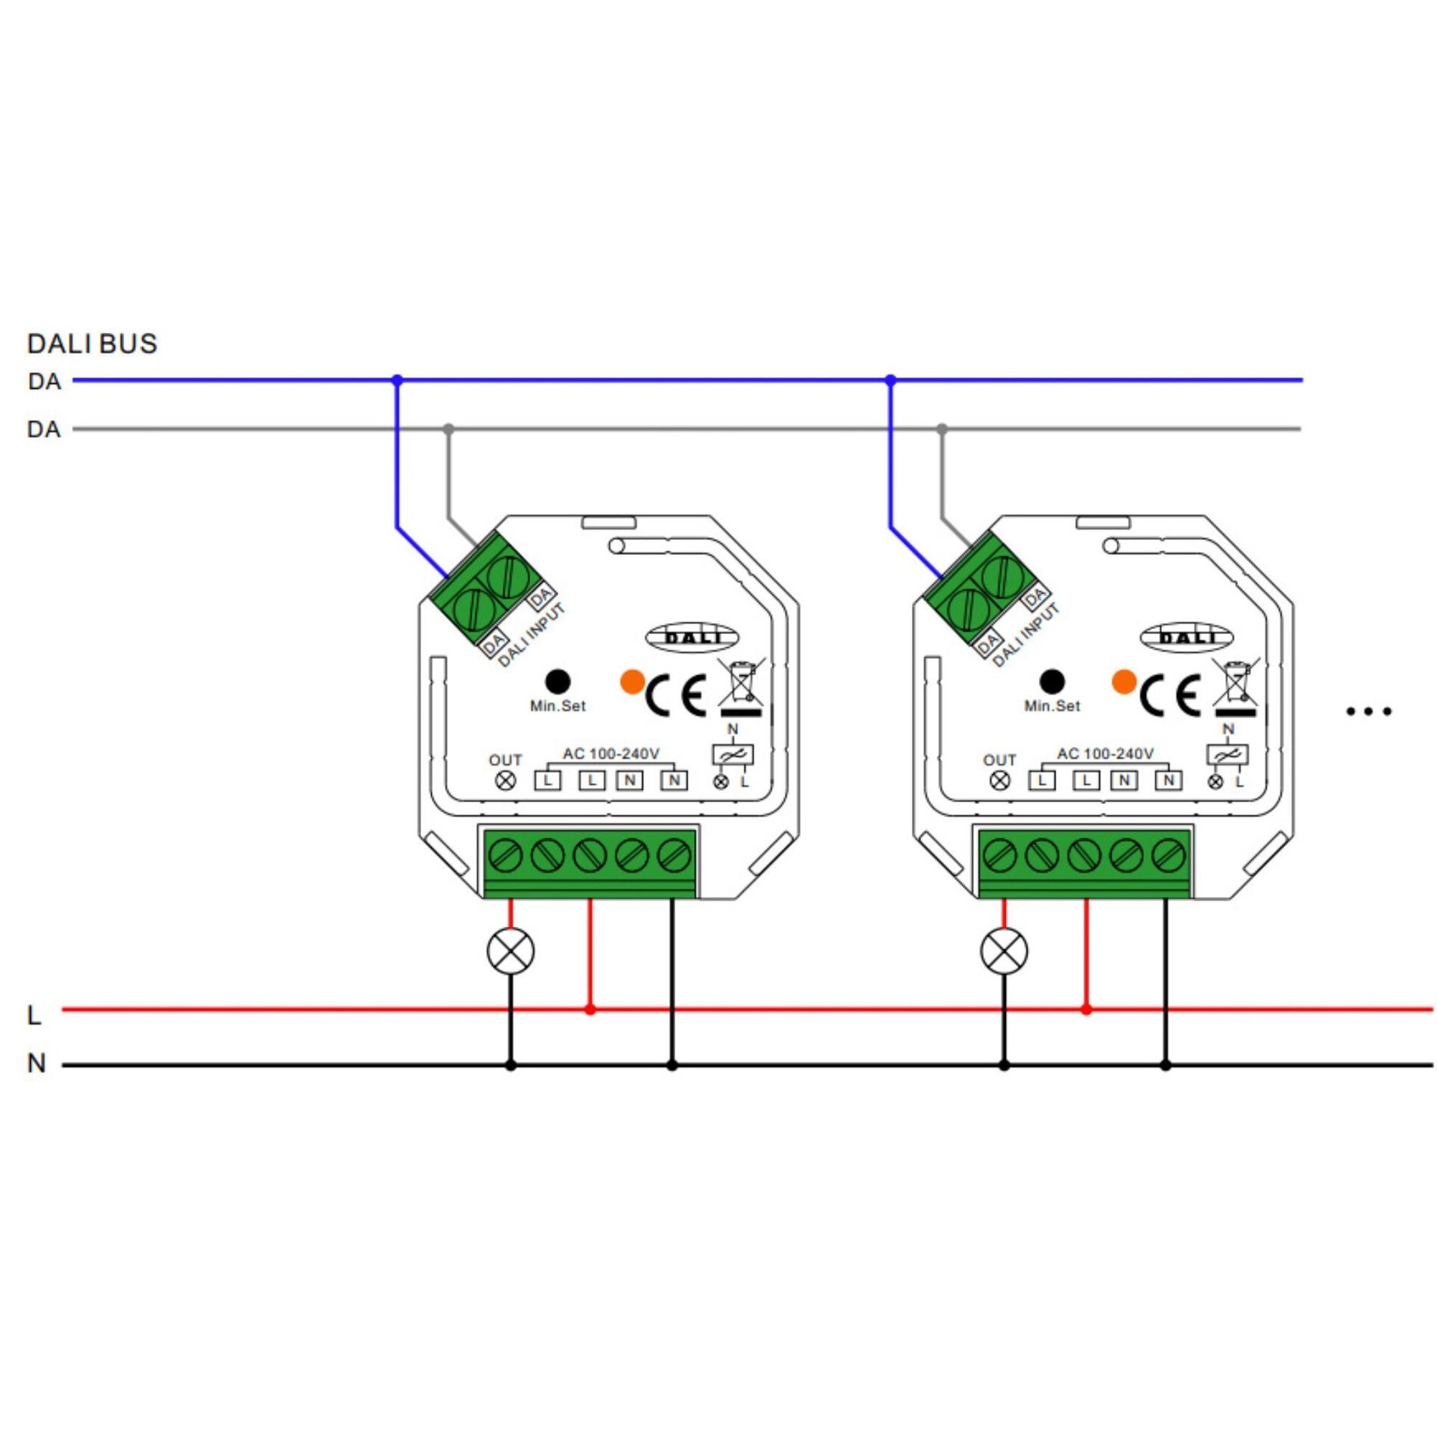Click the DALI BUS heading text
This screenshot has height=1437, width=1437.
(x=92, y=344)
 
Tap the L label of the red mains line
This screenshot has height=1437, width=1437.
(x=34, y=1015)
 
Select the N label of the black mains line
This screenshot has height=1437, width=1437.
(x=36, y=1063)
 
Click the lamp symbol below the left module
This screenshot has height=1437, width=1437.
(x=511, y=951)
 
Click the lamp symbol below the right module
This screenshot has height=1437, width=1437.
(x=1004, y=951)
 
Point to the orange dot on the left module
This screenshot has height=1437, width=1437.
(x=632, y=681)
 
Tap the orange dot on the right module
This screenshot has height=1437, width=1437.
(x=1125, y=681)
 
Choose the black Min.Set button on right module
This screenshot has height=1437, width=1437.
(x=1052, y=681)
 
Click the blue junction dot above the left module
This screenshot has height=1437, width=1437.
(x=397, y=380)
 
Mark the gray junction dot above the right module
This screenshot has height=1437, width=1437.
(x=942, y=429)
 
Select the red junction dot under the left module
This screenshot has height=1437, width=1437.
(x=590, y=1009)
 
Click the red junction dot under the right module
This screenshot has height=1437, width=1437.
(x=1086, y=1009)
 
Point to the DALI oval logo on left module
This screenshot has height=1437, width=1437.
(x=692, y=638)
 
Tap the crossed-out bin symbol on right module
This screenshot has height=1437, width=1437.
(x=1236, y=685)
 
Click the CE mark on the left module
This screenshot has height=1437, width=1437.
(x=675, y=695)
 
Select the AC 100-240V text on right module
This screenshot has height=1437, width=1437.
(x=1105, y=754)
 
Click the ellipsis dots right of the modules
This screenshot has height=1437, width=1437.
(x=1368, y=711)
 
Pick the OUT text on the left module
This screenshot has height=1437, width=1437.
(x=505, y=760)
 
